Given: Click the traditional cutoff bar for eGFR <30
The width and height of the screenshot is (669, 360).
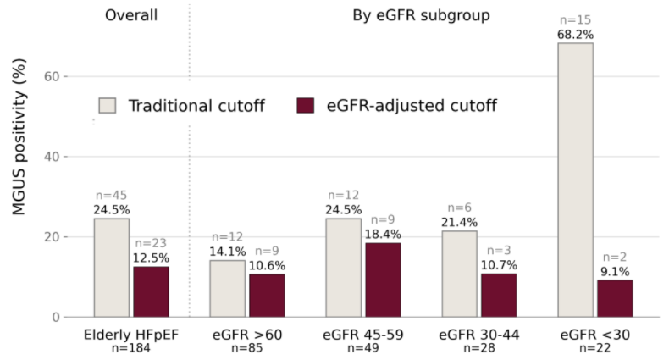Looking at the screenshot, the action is pos(575,180).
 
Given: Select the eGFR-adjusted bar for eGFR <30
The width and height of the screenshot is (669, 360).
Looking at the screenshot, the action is pos(615,298).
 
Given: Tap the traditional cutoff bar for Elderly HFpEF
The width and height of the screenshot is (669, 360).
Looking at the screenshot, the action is pos(111,268).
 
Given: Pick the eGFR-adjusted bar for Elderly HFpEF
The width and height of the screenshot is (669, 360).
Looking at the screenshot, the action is pos(151,291).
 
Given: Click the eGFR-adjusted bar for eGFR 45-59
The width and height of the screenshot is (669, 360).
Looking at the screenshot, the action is pos(383,280).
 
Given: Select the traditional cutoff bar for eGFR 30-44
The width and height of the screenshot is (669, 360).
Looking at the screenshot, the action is pos(460,274).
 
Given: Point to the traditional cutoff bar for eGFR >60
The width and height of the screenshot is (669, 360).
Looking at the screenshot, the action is pos(228,289).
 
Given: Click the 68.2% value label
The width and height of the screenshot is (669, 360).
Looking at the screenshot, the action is pos(575,35).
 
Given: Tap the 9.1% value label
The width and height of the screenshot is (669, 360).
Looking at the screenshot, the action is pos(615,272).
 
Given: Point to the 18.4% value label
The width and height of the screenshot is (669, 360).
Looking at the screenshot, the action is pos(383,234).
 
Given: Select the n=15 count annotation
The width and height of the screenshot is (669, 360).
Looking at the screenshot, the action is pos(575,19).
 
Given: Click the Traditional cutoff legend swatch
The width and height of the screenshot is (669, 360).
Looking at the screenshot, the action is pos(107,105).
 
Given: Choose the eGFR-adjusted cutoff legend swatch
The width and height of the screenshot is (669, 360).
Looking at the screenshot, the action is pos(306,105).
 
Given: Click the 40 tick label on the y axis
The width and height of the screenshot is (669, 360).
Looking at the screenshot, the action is pos(52,157).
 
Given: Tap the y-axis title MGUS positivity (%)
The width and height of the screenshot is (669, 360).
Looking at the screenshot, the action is pos(19,137).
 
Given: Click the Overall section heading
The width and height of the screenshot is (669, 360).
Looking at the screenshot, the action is pos(131,15).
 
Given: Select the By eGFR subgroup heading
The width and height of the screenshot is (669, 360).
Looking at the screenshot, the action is pos(421,15).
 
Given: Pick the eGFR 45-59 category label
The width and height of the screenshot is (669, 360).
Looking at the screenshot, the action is pos(363,335).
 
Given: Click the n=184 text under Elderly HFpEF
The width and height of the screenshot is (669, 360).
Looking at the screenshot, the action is pos(131,348).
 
